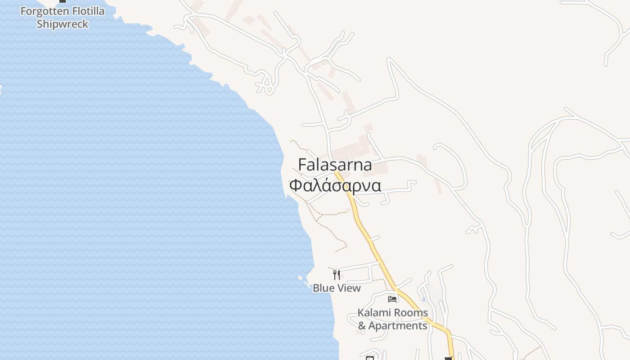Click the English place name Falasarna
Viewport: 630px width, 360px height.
pyautogui.click(x=335, y=165)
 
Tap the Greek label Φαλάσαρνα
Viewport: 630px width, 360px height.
pyautogui.click(x=335, y=185)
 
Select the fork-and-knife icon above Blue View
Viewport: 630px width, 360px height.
pyautogui.click(x=336, y=274)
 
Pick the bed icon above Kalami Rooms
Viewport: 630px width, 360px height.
pyautogui.click(x=392, y=299)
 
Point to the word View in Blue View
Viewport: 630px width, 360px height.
pyautogui.click(x=350, y=288)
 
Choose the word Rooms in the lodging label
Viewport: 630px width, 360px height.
pyautogui.click(x=410, y=312)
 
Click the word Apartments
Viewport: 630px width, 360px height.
pyautogui.click(x=398, y=325)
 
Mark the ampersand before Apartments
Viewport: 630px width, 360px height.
pyautogui.click(x=362, y=325)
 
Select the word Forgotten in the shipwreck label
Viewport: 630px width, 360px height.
pyautogui.click(x=41, y=11)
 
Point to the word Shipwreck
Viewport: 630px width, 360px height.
pyautogui.click(x=63, y=24)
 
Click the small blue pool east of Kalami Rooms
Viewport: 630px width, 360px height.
pyautogui.click(x=424, y=298)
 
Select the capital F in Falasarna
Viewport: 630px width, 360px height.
pyautogui.click(x=303, y=165)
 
